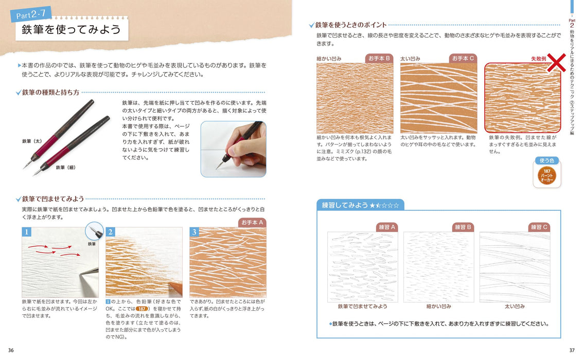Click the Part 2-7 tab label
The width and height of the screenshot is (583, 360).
point(31,14)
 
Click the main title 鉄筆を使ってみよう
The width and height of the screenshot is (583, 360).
point(72,29)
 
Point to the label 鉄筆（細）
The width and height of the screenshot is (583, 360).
point(66,167)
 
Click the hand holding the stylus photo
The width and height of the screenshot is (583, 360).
point(234,149)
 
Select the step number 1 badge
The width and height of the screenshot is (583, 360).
point(26,232)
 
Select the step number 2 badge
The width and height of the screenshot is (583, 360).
point(111,232)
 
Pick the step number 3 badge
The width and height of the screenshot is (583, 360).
point(194,232)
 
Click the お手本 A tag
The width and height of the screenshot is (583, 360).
point(252,223)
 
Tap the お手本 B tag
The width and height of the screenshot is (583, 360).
point(379,58)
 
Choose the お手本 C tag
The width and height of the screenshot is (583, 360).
point(463,58)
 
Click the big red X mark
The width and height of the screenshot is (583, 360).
point(557,62)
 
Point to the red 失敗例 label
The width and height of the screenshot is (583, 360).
point(538,59)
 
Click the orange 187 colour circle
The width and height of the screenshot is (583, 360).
point(547,176)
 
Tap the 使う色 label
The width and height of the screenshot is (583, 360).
point(546,160)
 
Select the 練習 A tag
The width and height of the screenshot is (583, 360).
point(387,227)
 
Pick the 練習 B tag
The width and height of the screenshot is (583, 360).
point(463,227)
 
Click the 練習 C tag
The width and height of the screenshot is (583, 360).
point(539,227)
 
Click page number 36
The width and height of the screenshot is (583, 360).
point(11,350)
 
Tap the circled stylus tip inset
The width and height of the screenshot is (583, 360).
point(95,231)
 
